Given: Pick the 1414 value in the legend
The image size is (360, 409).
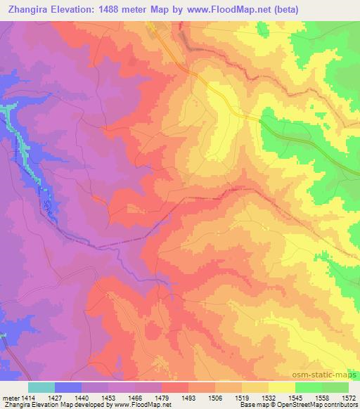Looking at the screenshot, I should pyautogui.click(x=28, y=398).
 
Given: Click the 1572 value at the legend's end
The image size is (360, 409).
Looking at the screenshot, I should pyautogui.click(x=349, y=398).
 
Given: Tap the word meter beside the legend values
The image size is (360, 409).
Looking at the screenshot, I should pyautogui.click(x=11, y=398).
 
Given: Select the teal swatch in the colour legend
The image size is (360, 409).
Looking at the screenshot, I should pyautogui.click(x=41, y=387).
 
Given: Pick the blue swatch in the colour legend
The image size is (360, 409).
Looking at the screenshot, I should pyautogui.click(x=68, y=387).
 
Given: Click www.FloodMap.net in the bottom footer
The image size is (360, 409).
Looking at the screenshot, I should pyautogui.click(x=141, y=405).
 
